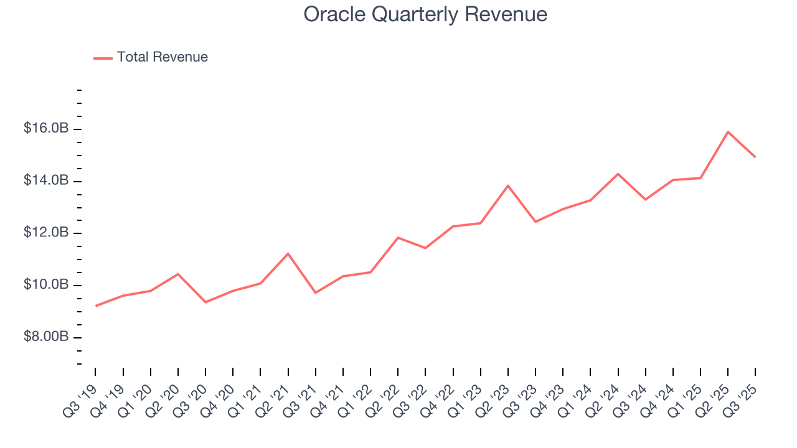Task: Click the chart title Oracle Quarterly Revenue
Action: coord(425,14)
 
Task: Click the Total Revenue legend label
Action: coord(162,57)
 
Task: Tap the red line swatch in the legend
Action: coord(103,58)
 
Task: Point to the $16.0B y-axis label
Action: coord(45,129)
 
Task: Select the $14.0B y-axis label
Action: coord(45,181)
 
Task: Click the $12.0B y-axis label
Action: coord(45,233)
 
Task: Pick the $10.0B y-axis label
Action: coord(45,285)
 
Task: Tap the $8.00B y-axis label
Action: coord(45,337)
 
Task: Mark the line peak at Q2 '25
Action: coord(728,131)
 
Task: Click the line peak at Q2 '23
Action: coord(508,185)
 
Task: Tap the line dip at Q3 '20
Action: coord(205,302)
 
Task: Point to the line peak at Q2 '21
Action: coord(288,253)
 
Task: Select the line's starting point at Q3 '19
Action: coord(96,306)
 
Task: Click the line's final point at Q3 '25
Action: coord(755,157)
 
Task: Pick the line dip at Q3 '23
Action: coord(535,222)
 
